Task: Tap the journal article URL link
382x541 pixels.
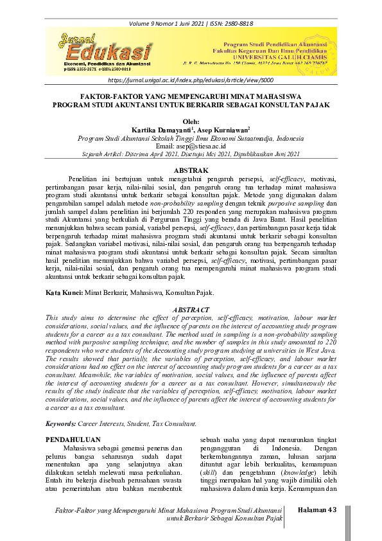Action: pyautogui.click(x=190, y=81)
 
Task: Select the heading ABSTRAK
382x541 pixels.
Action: pyautogui.click(x=191, y=170)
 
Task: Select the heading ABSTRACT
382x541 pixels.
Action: pyautogui.click(x=191, y=310)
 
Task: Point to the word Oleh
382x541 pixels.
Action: pyautogui.click(x=191, y=121)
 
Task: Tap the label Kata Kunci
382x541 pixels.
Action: pyautogui.click(x=64, y=292)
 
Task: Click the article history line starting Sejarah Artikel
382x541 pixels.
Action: pyautogui.click(x=191, y=154)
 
